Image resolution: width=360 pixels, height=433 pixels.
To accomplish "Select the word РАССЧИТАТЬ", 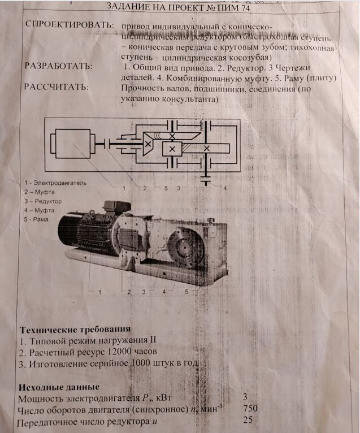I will (57, 87).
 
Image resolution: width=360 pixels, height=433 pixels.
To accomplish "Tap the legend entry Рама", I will (43, 219).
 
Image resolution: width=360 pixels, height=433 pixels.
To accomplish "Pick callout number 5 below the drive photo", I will (186, 292).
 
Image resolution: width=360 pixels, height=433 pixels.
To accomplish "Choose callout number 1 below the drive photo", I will (99, 292).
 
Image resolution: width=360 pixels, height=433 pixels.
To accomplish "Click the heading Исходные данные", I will (55, 387).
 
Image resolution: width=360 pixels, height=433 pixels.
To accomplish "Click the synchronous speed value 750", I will (250, 408).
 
